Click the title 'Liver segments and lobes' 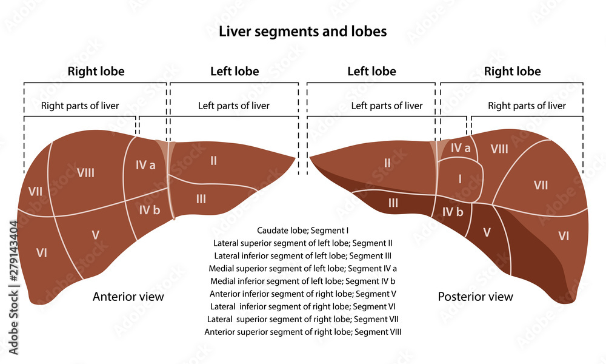302,32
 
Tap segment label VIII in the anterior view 85,173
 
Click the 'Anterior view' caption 128,297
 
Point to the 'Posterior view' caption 475,297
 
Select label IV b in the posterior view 452,212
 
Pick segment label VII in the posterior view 540,185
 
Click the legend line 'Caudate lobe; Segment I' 302,231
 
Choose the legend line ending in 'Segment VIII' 302,332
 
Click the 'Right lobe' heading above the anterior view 96,72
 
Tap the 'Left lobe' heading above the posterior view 371,72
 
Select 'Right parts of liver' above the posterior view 527,106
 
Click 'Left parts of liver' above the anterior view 233,106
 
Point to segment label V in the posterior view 487,232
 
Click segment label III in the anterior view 201,198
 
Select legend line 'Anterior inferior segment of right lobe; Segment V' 302,294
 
